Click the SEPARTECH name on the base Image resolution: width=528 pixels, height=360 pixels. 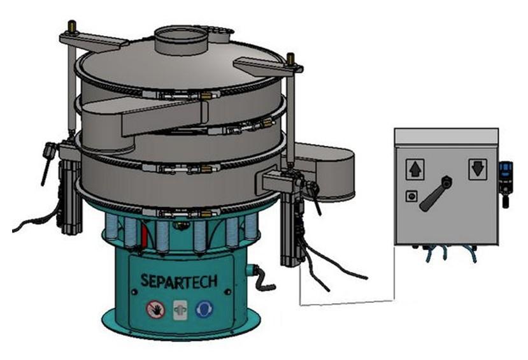tap(178, 281)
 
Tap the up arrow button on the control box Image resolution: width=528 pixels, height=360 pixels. tap(415, 169)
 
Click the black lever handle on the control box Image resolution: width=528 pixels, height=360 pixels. tap(436, 194)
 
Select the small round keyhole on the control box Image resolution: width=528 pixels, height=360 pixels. tap(411, 196)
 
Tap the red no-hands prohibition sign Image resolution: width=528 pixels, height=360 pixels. tap(155, 309)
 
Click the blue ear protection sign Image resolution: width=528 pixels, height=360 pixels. tap(204, 309)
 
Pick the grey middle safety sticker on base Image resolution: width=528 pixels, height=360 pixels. tap(180, 310)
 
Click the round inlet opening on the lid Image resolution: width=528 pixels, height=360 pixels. tap(180, 36)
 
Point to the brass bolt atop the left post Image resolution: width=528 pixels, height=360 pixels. tap(73, 27)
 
